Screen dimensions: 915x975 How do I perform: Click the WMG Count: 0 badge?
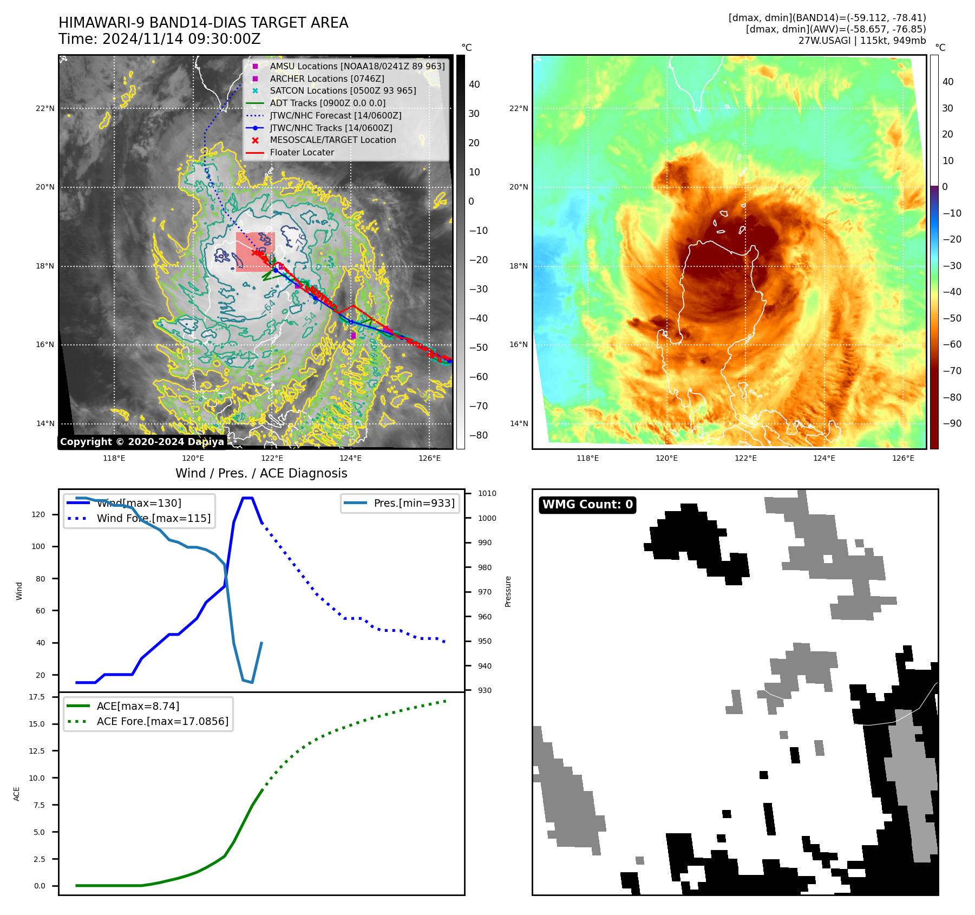tap(587, 505)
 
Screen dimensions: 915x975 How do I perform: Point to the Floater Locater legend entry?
tap(302, 152)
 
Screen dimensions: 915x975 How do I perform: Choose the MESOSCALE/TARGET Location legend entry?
tap(332, 140)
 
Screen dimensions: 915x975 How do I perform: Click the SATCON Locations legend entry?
tap(343, 90)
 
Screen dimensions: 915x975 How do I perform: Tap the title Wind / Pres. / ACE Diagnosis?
tap(261, 473)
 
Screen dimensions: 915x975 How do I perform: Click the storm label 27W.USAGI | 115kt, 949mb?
tap(862, 41)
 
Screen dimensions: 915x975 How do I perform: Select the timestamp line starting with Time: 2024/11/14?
tap(160, 39)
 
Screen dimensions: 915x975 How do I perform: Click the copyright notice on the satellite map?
tap(142, 442)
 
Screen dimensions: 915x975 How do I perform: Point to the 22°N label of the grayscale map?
tap(45, 108)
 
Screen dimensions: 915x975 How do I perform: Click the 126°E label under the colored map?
tap(903, 458)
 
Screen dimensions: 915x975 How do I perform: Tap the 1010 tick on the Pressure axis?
tap(487, 493)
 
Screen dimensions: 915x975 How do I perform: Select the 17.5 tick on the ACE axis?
tap(37, 697)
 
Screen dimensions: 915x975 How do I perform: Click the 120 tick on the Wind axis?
tap(38, 514)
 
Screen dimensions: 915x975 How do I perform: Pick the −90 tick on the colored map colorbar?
tap(952, 423)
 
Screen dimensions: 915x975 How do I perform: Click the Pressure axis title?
tap(508, 591)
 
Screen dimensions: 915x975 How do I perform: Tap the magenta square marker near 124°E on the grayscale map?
tap(353, 336)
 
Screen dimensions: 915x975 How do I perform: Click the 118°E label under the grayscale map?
tap(114, 458)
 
